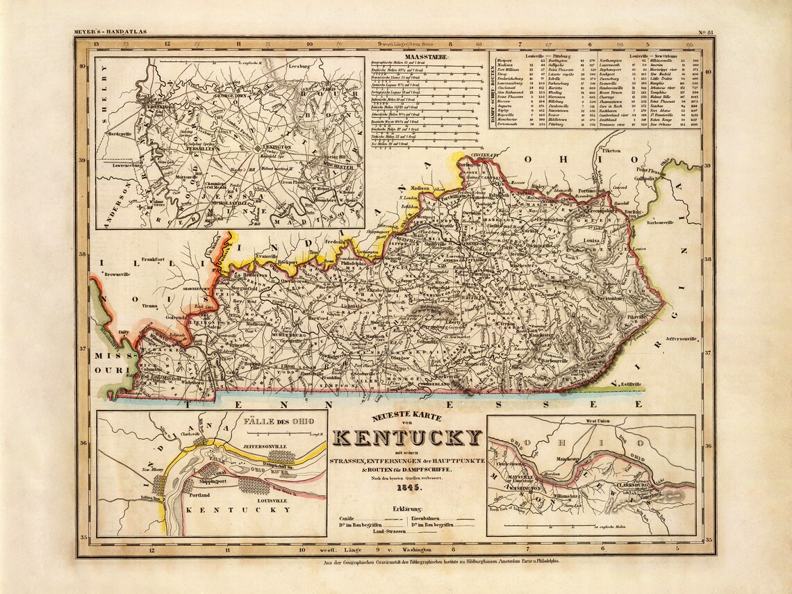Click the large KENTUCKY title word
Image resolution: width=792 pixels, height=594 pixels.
[407, 438]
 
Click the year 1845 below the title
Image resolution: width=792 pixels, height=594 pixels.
[407, 488]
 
